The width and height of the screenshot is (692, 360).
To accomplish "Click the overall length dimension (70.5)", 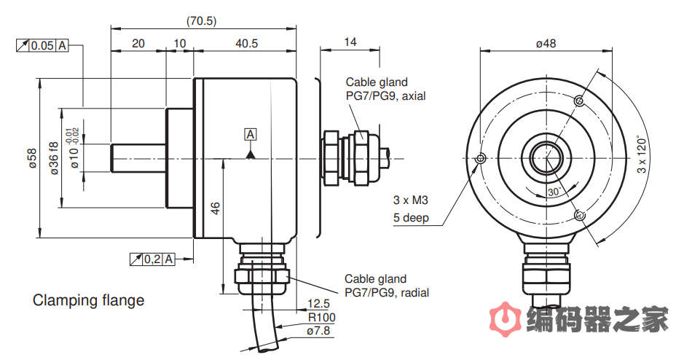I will tap(201, 20).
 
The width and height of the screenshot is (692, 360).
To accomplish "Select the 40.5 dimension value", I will tap(246, 44).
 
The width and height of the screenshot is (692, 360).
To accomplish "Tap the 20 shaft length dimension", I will tap(138, 44).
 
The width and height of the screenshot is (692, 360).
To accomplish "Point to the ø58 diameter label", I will tap(31, 158).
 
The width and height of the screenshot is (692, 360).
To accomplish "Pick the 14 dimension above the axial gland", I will tap(350, 42).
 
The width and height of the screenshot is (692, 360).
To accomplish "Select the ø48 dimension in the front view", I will tap(546, 43).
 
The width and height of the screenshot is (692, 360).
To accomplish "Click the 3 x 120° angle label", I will tap(642, 154).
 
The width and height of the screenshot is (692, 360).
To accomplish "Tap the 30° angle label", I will tap(555, 191).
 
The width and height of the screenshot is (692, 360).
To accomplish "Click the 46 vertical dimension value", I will tap(215, 208).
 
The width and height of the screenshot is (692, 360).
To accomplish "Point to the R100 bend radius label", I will tap(321, 317).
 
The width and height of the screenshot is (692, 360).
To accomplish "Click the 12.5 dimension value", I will tap(318, 304).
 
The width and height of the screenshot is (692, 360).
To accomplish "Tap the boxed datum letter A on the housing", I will tap(251, 135).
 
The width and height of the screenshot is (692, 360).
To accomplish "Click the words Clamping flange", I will tap(88, 300).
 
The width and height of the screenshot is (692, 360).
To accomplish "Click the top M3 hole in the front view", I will tap(578, 100).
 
